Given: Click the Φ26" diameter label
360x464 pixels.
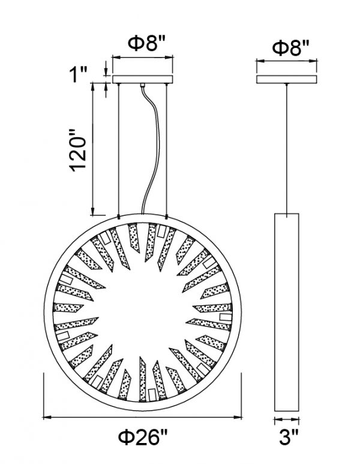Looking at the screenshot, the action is click(143, 437).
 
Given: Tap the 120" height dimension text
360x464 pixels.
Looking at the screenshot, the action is click(78, 150).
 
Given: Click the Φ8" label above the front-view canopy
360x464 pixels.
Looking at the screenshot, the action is click(146, 43).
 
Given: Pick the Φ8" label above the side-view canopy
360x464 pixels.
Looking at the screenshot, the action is click(290, 47).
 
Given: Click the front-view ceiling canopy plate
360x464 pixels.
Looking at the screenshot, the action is click(142, 79).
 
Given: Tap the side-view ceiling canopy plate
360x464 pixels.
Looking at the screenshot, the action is click(287, 79).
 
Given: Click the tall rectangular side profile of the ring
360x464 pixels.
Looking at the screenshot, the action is click(287, 312).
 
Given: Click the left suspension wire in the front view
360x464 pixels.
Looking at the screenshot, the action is click(119, 149).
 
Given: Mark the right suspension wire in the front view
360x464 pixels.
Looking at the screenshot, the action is click(167, 149).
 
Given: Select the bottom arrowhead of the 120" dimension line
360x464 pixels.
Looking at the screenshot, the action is click(93, 211).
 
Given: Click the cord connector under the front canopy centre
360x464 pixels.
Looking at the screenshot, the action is click(142, 85).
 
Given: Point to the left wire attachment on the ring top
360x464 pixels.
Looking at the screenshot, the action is click(119, 217).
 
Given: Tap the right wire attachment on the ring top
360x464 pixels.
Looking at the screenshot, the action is click(167, 217).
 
